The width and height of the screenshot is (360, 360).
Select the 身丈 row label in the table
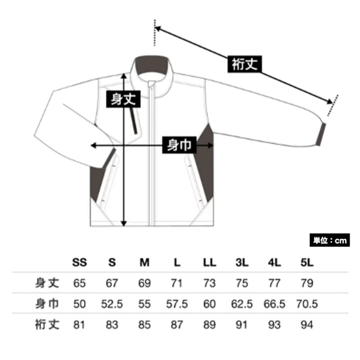47,283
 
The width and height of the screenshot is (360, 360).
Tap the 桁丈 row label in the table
47,324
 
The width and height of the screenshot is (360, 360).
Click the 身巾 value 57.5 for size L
177,304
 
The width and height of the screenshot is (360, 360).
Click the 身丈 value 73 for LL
210,283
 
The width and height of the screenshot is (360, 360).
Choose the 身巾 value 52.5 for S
112,304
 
